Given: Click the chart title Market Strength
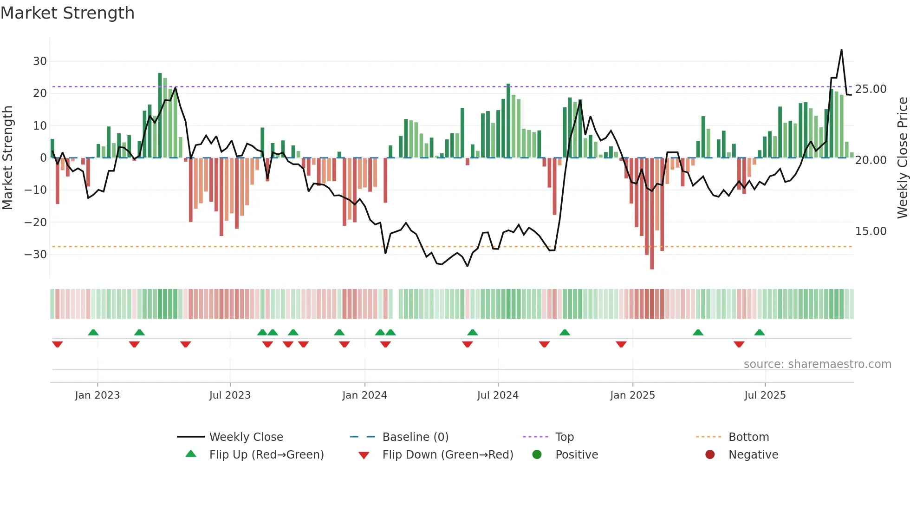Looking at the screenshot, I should [x=67, y=13].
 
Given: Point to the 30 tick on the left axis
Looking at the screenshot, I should [x=40, y=61].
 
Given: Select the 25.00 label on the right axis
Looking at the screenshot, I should [x=871, y=89].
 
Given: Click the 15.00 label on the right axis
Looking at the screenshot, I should [x=871, y=231].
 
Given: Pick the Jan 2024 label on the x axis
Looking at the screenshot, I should [x=364, y=395].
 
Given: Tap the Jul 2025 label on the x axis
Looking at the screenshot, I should [x=765, y=395].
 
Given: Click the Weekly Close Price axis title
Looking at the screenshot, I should [x=902, y=158].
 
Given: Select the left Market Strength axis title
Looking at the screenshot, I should [x=7, y=158].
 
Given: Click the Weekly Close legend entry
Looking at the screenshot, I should [x=246, y=437].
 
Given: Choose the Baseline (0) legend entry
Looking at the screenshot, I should [x=415, y=437].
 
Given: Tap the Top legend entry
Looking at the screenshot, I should [x=565, y=437].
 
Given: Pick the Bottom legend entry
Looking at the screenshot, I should [x=748, y=437].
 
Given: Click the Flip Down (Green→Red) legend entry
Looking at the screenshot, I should [x=448, y=455].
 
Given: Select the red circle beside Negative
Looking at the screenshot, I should [x=710, y=454].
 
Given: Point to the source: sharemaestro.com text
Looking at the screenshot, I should [x=817, y=364].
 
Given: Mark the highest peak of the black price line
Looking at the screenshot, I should [x=841, y=50].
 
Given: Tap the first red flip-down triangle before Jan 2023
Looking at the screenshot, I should [x=58, y=344].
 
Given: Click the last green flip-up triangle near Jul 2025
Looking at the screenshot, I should [x=760, y=332].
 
